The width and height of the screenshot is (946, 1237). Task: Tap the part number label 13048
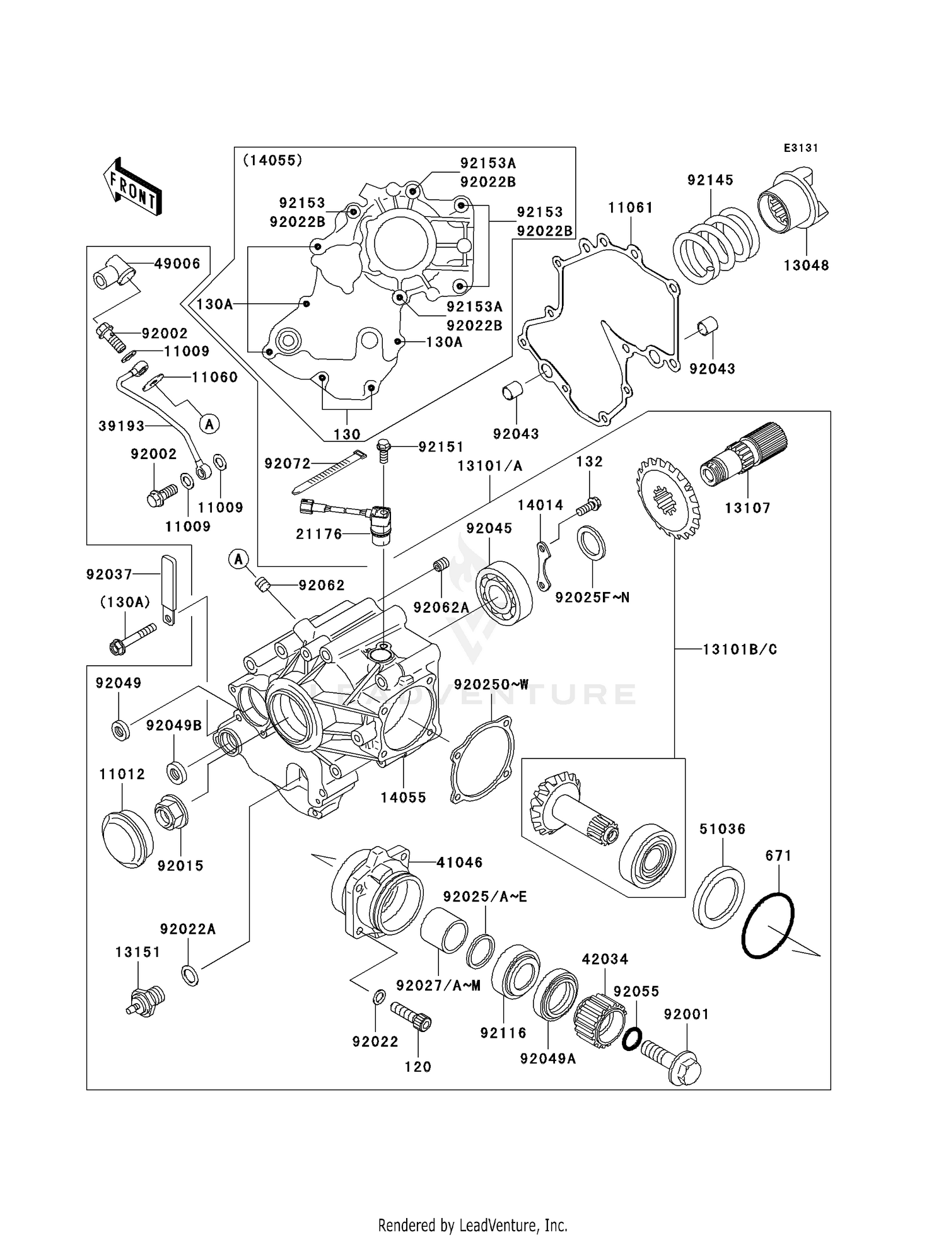806,265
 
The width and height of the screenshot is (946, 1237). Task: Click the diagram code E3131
800,148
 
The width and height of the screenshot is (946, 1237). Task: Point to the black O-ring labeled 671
768,926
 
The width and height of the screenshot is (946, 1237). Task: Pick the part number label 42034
605,959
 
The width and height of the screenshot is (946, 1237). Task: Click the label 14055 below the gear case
403,797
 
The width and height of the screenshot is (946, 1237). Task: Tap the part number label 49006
177,264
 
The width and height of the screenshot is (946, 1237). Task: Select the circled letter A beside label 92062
238,558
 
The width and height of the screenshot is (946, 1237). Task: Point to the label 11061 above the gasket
630,207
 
